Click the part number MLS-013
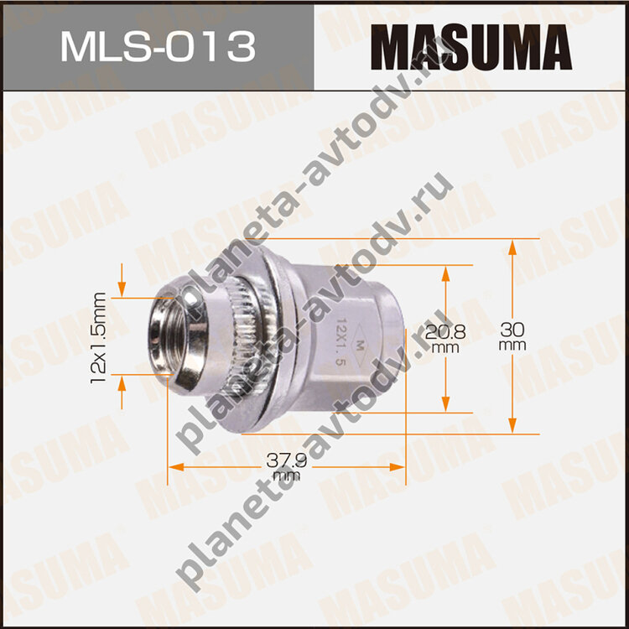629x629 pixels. coord(158,47)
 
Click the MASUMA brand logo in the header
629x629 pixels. coord(471,47)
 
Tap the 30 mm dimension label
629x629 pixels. coord(512,336)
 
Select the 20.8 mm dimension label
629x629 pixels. coord(445,339)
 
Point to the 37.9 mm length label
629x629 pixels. coord(287,467)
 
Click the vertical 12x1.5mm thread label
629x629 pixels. coord(98,338)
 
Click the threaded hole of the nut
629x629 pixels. coord(168,336)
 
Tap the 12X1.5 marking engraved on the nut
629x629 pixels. coord(340,342)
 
